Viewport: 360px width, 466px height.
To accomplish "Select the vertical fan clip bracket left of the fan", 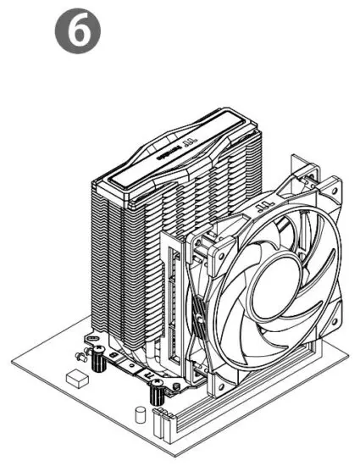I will (173, 297).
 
